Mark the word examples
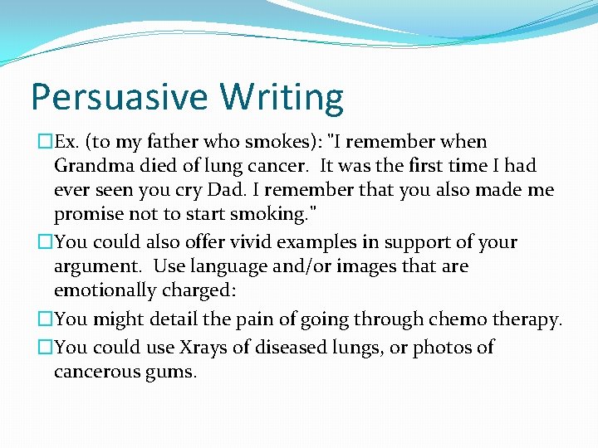319,242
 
